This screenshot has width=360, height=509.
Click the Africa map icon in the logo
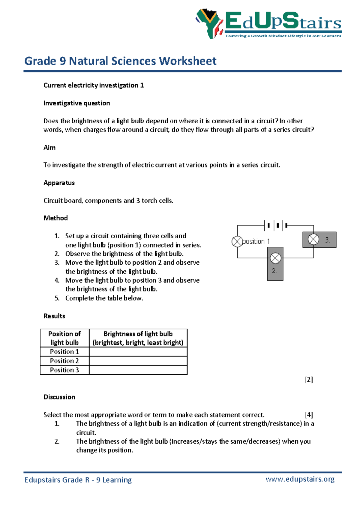pos(209,23)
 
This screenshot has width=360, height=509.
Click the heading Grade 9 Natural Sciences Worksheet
pos(120,61)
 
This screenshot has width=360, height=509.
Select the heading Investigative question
pos(76,103)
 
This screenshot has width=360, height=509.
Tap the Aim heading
pos(49,147)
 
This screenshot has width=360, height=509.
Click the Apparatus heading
pos(59,183)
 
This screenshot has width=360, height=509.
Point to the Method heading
pos(55,218)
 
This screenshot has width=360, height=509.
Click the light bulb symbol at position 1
pos(237,242)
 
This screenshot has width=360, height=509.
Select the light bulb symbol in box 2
pos(275,258)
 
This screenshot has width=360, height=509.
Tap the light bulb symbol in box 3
pos(313,239)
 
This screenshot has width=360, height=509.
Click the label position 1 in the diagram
pos(256,242)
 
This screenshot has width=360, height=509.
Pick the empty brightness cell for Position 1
pos(138,352)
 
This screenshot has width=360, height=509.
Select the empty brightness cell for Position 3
pos(138,370)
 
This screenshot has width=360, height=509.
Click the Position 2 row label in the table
pos(64,361)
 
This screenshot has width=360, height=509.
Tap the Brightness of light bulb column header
pos(138,338)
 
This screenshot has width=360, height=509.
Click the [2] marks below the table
pos(309,380)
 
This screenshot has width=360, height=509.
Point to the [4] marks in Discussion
pos(309,415)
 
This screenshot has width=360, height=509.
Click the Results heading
pos(54,316)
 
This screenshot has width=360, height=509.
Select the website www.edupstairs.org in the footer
pos(300,479)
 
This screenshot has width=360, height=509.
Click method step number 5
pos(57,298)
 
